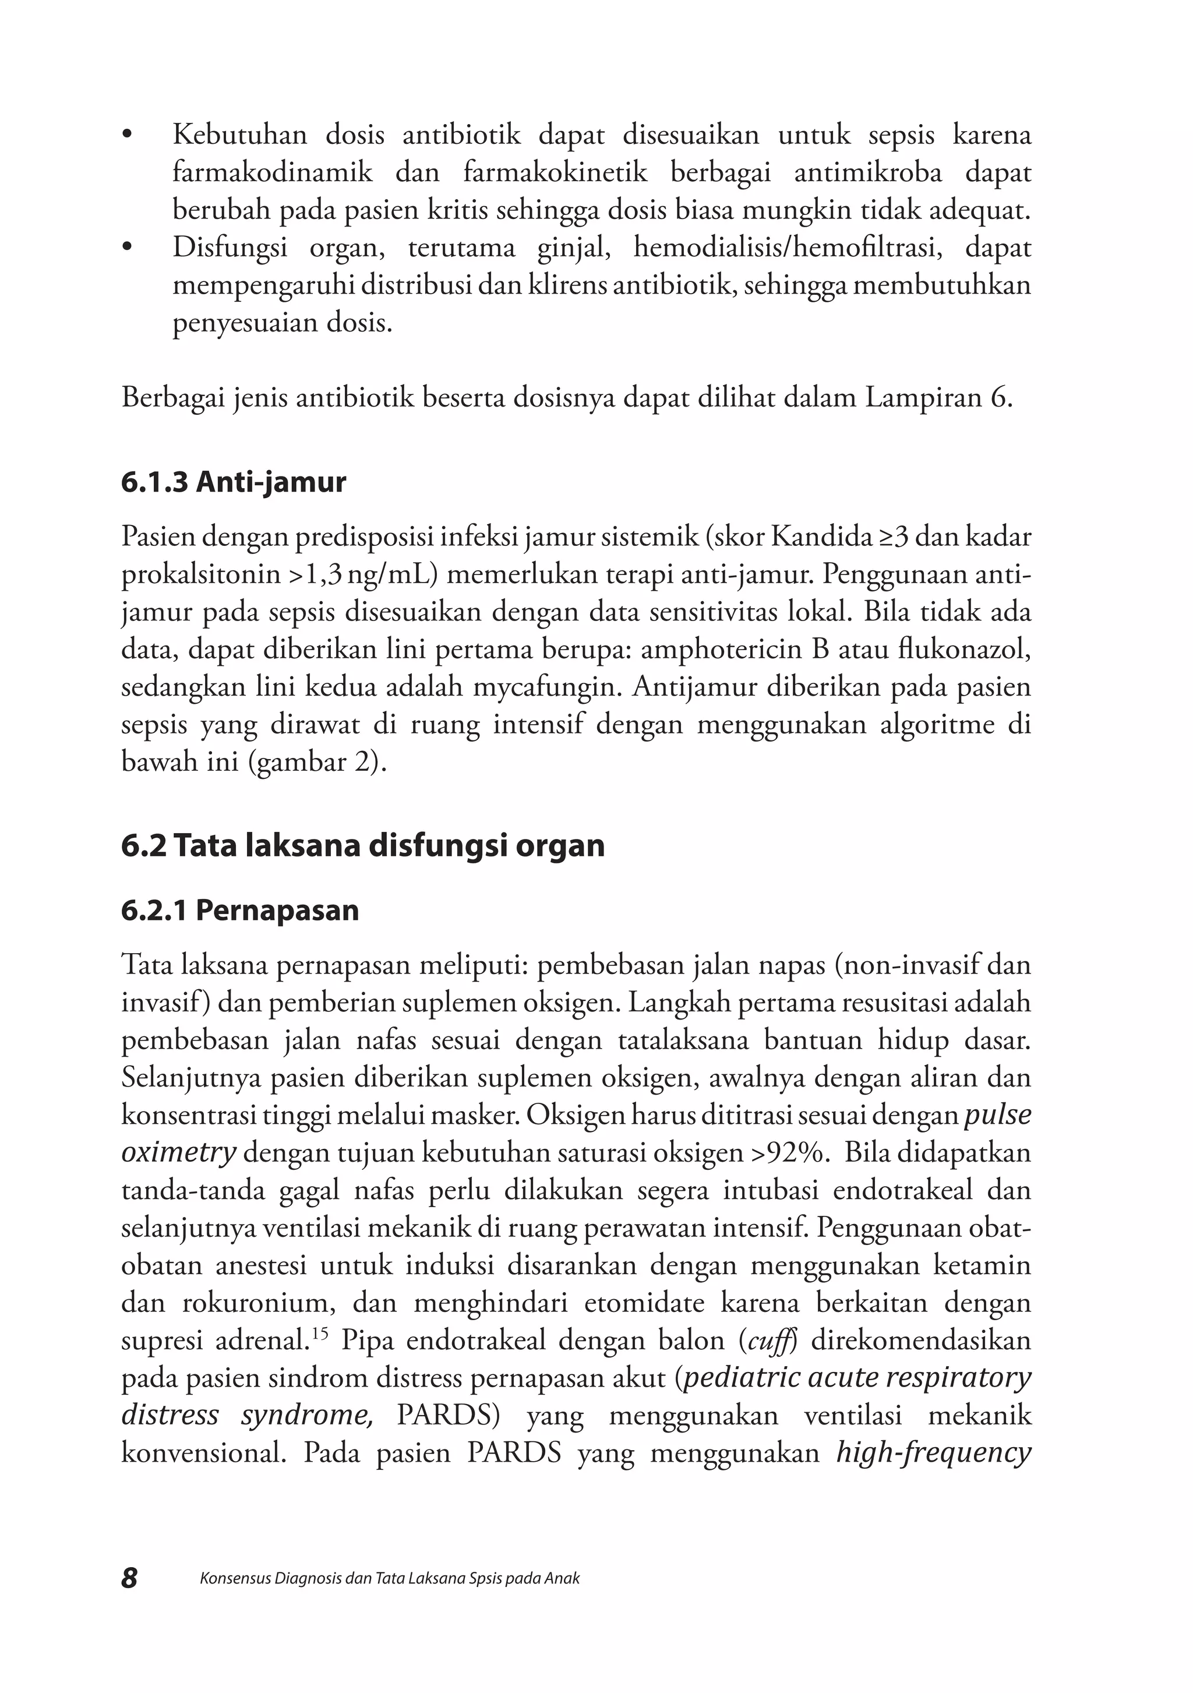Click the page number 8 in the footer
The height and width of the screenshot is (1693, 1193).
coord(129,1578)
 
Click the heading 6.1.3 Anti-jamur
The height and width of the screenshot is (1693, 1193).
coord(233,482)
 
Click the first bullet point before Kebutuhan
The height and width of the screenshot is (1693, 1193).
coord(128,136)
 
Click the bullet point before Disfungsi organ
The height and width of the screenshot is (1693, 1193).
coord(128,248)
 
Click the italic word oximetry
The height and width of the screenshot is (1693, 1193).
coord(178,1152)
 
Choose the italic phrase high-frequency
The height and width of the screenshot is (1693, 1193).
coord(933,1452)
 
